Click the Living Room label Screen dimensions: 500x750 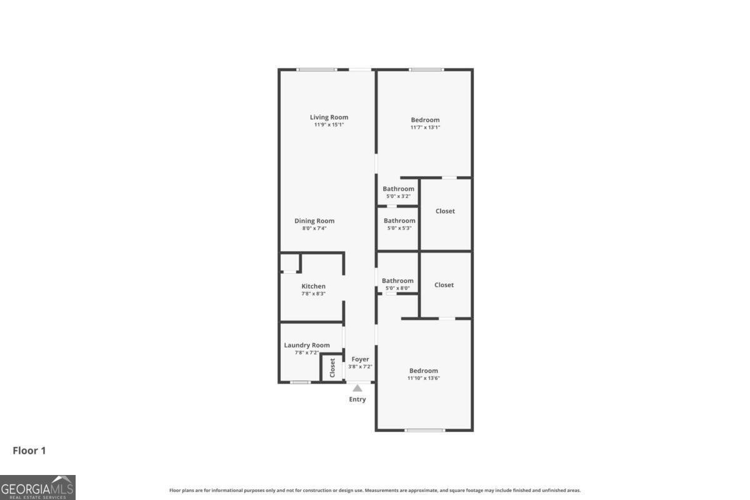[329, 117]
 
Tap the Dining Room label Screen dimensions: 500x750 [314, 221]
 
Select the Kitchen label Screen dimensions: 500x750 [313, 286]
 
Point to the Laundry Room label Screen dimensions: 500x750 [306, 345]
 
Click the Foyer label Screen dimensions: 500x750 [360, 359]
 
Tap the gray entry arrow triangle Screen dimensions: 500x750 [357, 388]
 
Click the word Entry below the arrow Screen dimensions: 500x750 [357, 399]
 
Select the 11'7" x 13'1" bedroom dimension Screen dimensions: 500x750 [425, 127]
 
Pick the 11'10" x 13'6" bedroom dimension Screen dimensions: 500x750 [424, 378]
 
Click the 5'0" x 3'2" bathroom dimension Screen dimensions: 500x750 [398, 196]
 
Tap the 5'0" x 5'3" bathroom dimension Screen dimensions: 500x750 [399, 228]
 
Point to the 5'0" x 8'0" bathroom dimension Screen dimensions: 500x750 [397, 288]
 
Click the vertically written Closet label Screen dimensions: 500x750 [332, 367]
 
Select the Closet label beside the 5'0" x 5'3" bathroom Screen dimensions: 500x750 [445, 211]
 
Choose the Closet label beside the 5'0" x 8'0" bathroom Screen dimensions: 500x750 [444, 285]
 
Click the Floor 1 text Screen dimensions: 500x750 [29, 451]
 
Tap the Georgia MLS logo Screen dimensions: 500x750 [37, 487]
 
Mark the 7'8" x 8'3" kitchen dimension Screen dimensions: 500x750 [313, 294]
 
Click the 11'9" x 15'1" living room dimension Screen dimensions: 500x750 [329, 125]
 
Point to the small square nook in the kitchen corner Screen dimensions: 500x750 [289, 262]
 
